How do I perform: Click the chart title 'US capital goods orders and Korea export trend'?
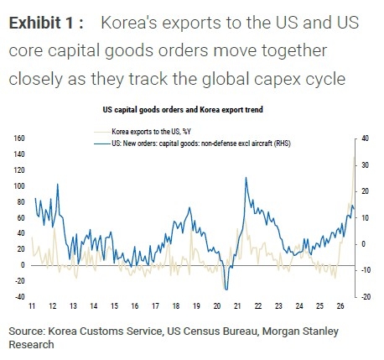[183, 109]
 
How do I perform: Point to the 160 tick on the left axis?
[19, 138]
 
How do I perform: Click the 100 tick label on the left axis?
[19, 186]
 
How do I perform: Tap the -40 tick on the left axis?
[20, 296]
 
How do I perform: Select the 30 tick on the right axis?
[365, 165]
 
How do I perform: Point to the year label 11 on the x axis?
[32, 306]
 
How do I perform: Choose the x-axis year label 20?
[217, 306]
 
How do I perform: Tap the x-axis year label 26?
[340, 306]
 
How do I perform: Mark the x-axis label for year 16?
[135, 306]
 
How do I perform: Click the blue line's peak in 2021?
[246, 177]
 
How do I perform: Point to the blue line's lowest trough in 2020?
[226, 290]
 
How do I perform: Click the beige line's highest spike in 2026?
[354, 158]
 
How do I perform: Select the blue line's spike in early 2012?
[58, 184]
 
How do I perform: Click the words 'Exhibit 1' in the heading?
[42, 23]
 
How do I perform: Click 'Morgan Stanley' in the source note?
[300, 331]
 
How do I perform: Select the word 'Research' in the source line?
[31, 344]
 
